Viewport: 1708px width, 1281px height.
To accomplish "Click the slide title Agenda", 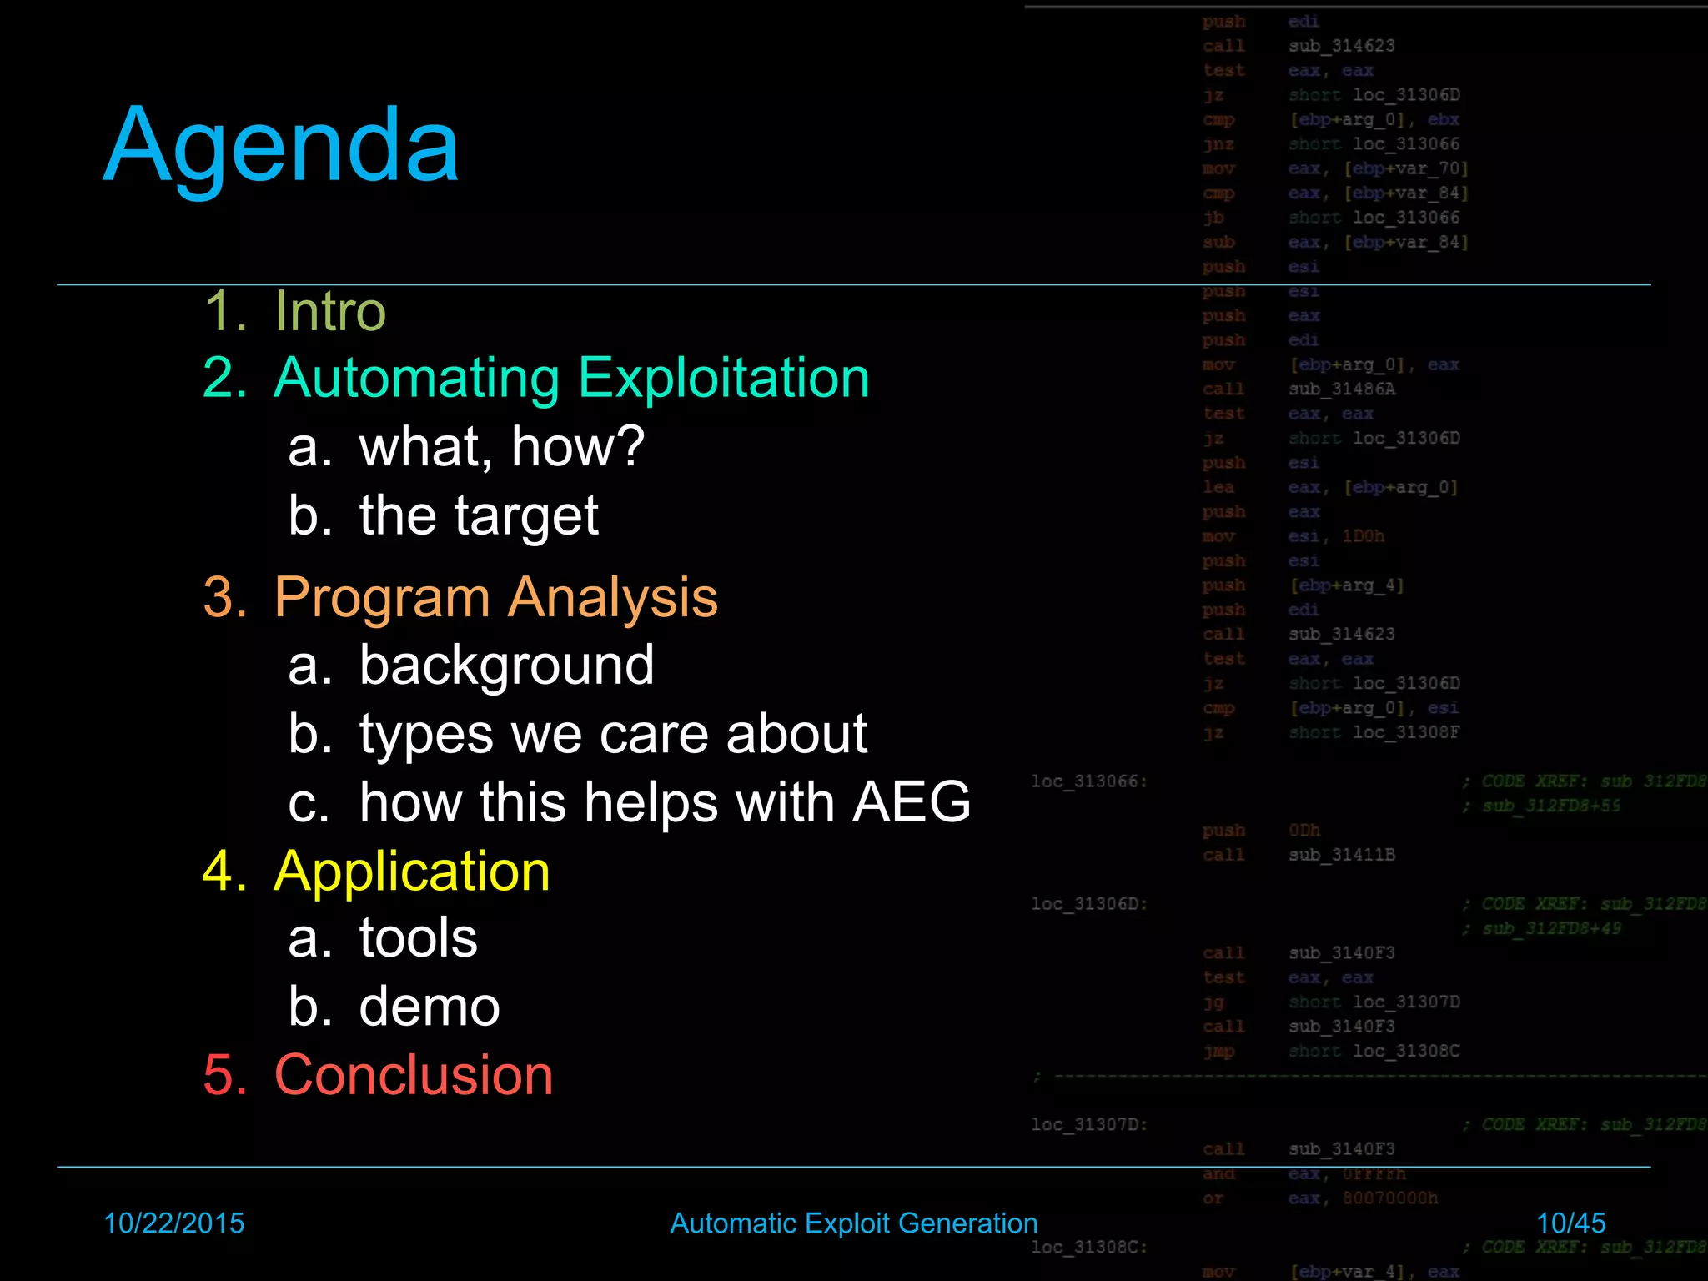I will (281, 147).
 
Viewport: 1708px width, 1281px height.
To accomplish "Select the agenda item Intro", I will (330, 311).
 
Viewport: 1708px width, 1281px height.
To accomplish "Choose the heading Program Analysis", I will (495, 597).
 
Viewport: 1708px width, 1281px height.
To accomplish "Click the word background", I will (506, 666).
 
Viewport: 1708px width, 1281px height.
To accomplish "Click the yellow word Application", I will (412, 872).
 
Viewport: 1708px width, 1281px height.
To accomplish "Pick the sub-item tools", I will (418, 938).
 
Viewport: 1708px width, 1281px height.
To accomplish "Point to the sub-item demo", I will (430, 1007).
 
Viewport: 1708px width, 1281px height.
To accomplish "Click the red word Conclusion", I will (414, 1075).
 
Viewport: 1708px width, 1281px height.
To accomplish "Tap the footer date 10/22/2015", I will (173, 1223).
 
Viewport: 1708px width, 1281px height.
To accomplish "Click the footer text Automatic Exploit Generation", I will (854, 1223).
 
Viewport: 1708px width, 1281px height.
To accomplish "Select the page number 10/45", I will (1570, 1223).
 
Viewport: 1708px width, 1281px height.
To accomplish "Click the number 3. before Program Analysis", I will (225, 597).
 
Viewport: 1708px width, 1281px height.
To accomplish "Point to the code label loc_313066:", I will (1089, 781).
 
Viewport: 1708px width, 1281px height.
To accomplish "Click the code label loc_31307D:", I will (1089, 1124).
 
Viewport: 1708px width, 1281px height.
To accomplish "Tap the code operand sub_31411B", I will (1341, 855).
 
